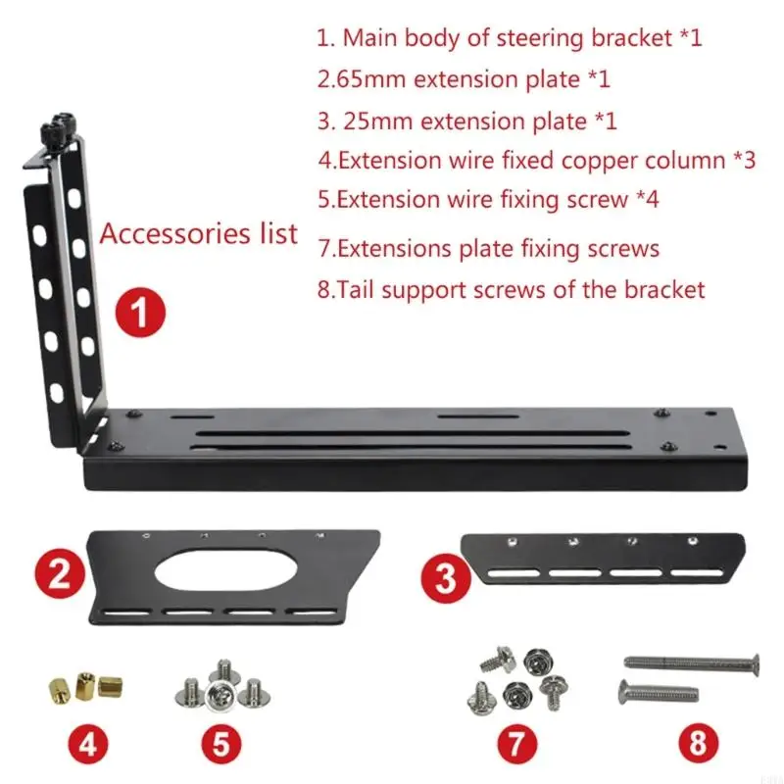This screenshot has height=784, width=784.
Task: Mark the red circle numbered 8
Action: tap(697, 744)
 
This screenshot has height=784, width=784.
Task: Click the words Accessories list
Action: tap(199, 234)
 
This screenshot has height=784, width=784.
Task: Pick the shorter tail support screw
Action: tap(659, 695)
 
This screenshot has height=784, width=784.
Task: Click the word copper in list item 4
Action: tap(601, 161)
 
